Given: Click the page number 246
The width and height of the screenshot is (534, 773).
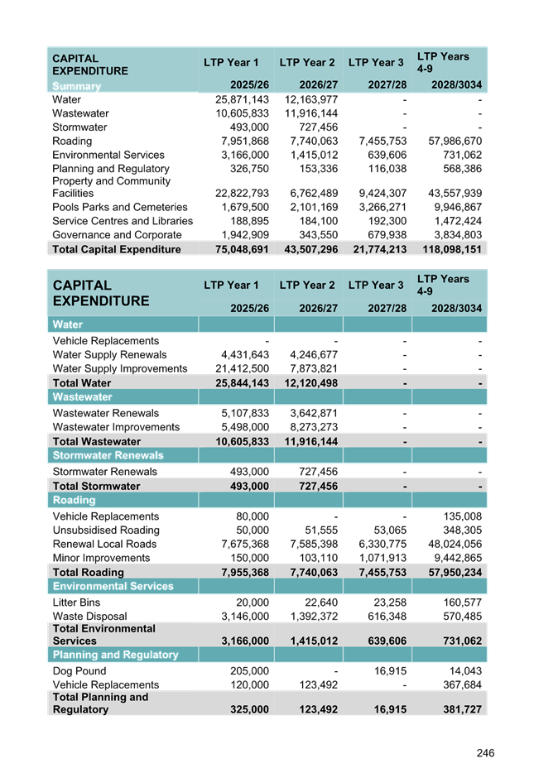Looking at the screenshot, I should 485,753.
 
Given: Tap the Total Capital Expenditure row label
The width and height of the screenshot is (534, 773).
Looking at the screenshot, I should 117,249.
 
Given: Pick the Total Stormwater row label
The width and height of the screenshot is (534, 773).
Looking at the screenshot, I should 96,486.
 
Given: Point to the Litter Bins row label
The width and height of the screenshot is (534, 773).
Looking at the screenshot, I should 76,603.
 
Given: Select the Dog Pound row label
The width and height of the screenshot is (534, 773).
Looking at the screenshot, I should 79,671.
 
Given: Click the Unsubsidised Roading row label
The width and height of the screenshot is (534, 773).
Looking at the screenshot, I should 102,530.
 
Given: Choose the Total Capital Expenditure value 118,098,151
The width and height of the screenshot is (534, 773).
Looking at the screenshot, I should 449,249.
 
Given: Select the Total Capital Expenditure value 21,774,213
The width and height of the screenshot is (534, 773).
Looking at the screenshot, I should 377,249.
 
